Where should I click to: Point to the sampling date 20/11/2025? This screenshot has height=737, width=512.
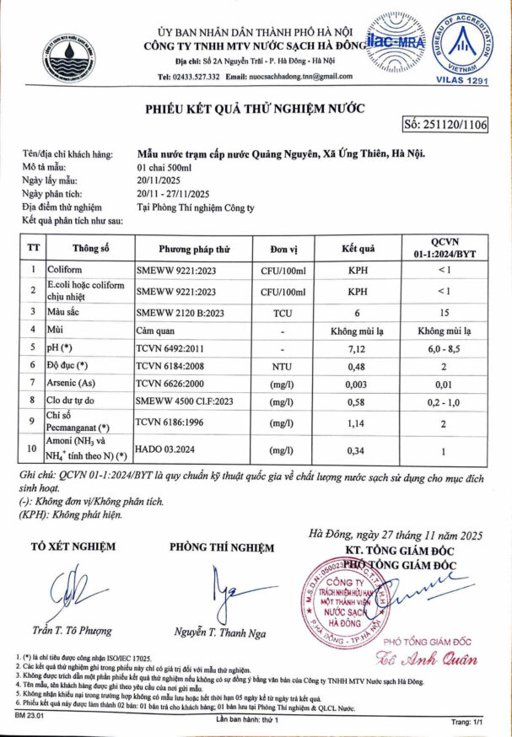pos(159,180)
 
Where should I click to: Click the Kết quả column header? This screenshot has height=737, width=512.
pos(357,250)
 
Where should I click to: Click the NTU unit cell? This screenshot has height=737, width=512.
pos(282,365)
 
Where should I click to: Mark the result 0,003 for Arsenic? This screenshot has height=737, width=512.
pos(357,385)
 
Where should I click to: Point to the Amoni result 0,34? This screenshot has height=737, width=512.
pos(357,450)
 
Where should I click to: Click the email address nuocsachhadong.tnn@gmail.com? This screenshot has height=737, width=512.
pos(290,76)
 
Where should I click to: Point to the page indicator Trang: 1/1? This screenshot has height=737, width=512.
pos(470,723)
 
